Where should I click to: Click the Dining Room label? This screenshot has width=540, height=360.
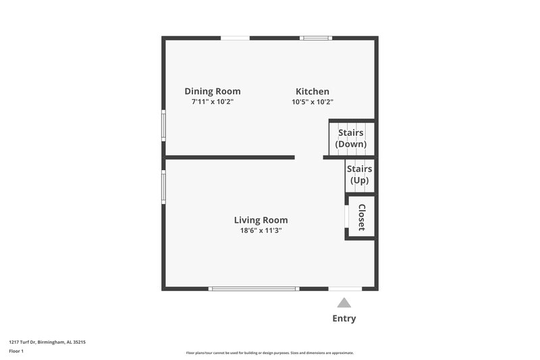(x=213, y=91)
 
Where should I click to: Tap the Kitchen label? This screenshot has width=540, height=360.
(x=313, y=91)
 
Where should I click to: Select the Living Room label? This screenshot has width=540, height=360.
(x=261, y=220)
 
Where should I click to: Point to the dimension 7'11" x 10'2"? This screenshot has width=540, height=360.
(x=213, y=102)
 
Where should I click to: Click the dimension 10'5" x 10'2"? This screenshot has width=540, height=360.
(x=313, y=102)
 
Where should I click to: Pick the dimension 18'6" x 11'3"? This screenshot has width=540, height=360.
(x=261, y=230)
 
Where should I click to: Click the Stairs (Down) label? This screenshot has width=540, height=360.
(x=351, y=138)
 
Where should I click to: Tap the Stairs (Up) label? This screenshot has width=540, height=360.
(x=359, y=174)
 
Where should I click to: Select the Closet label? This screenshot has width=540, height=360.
(x=362, y=217)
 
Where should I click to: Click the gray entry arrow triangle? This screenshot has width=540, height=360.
(x=344, y=303)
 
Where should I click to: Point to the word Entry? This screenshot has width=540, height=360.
(x=344, y=318)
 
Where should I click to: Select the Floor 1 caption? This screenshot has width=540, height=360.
(x=17, y=352)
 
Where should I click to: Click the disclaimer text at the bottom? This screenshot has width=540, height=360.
(x=270, y=353)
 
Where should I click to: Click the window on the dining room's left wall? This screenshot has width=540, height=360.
(x=163, y=125)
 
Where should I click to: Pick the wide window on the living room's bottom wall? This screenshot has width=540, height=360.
(x=254, y=288)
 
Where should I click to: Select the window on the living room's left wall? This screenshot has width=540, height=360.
(x=163, y=186)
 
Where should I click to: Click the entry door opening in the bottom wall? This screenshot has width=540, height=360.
(x=344, y=288)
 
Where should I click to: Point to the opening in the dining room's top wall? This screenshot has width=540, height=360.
(x=235, y=38)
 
